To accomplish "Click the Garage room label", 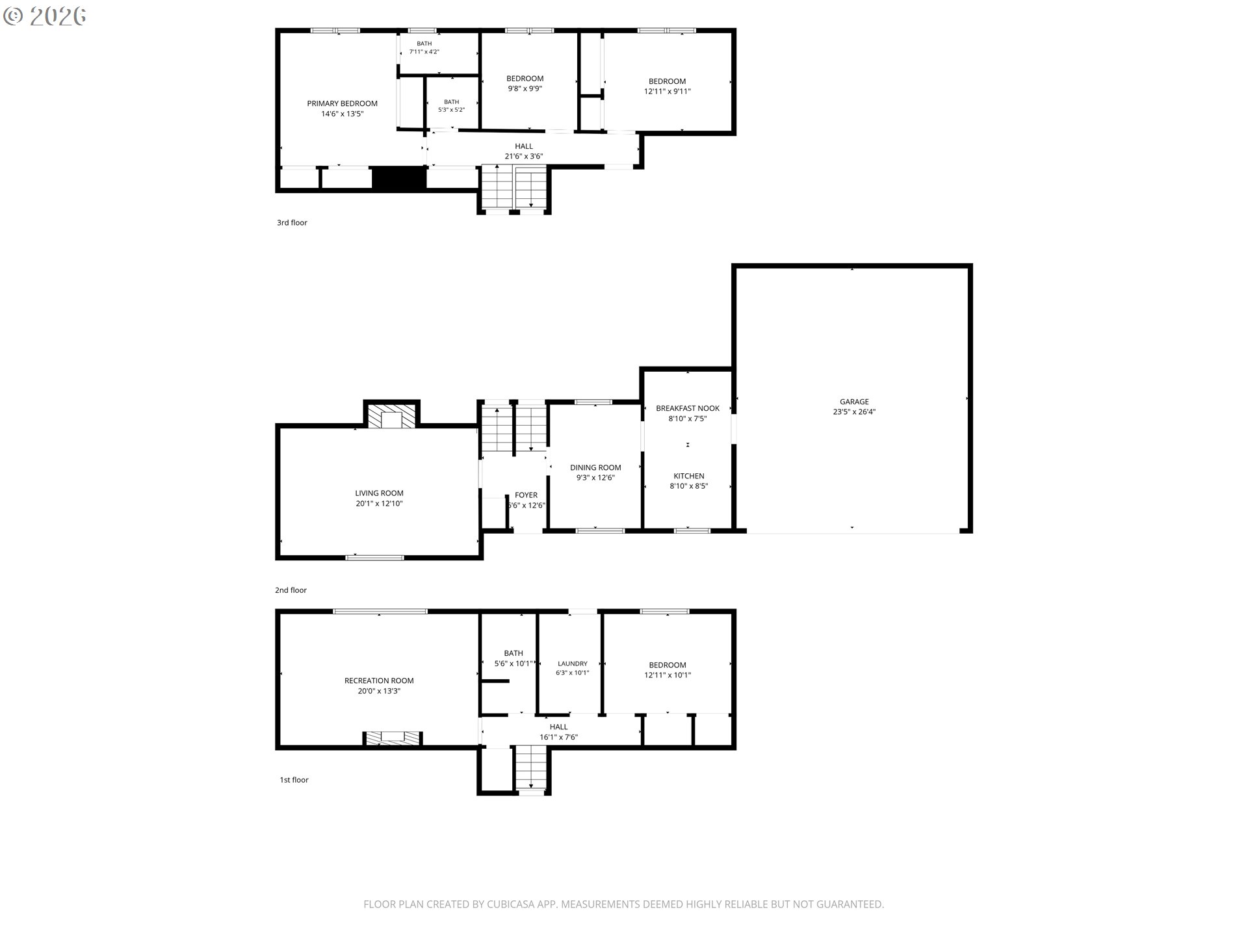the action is pyautogui.click(x=854, y=407).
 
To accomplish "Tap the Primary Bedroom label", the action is pyautogui.click(x=342, y=109).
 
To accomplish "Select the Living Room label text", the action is pyautogui.click(x=379, y=499).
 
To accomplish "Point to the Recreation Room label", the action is pyautogui.click(x=379, y=686).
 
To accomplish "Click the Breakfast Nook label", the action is pyautogui.click(x=688, y=413).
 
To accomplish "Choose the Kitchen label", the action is pyautogui.click(x=689, y=481).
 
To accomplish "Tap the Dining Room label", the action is pyautogui.click(x=595, y=473).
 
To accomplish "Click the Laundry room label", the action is pyautogui.click(x=573, y=668).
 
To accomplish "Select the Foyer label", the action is pyautogui.click(x=526, y=500).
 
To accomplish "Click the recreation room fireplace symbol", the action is pyautogui.click(x=392, y=738).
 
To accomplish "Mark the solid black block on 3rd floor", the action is pyautogui.click(x=398, y=179).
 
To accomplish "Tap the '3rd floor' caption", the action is pyautogui.click(x=292, y=223).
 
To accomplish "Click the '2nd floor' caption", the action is pyautogui.click(x=291, y=590).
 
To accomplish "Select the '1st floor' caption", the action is pyautogui.click(x=294, y=780).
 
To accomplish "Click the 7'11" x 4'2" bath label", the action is pyautogui.click(x=424, y=47).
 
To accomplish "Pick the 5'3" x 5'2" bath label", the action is pyautogui.click(x=452, y=106).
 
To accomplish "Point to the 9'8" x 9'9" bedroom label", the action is pyautogui.click(x=525, y=84).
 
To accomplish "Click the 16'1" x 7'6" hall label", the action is pyautogui.click(x=558, y=732).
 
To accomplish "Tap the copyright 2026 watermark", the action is pyautogui.click(x=44, y=16).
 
